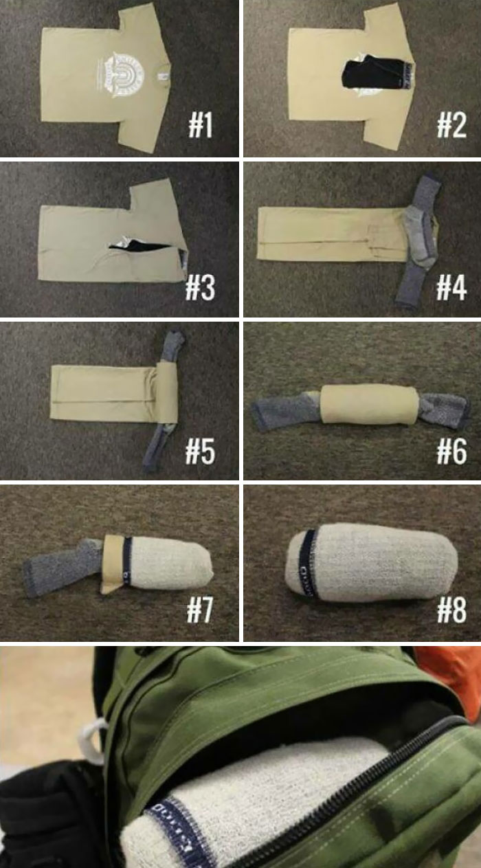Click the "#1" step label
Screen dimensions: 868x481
pos(201,126)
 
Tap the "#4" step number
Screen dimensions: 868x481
pos(452,287)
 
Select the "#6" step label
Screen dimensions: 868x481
pos(452,451)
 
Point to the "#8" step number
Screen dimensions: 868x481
pos(452,610)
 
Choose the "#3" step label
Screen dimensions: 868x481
pos(201,288)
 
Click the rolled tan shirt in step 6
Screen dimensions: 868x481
pos(367,403)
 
